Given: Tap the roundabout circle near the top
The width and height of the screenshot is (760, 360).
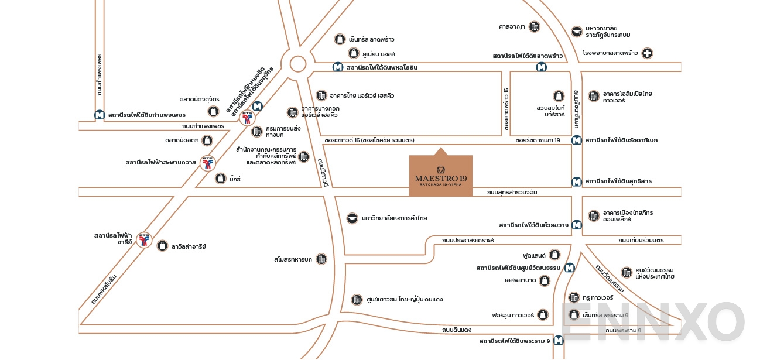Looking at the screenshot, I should pyautogui.click(x=297, y=63).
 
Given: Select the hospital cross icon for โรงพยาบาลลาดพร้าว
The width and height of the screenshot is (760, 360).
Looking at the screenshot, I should pyautogui.click(x=647, y=53).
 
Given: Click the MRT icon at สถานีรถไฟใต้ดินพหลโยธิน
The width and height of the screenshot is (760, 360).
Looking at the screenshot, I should pyautogui.click(x=338, y=67).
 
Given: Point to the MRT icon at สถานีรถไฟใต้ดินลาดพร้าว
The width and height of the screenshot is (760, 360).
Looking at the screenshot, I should pyautogui.click(x=542, y=67).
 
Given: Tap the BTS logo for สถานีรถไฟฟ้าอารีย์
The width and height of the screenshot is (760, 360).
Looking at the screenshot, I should pyautogui.click(x=144, y=239).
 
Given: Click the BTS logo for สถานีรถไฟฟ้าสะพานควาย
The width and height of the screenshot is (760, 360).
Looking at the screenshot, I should pyautogui.click(x=207, y=163).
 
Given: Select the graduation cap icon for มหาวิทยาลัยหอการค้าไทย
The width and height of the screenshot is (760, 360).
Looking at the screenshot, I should pyautogui.click(x=352, y=218).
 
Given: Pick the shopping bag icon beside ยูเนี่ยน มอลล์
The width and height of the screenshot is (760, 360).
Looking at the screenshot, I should pyautogui.click(x=353, y=53).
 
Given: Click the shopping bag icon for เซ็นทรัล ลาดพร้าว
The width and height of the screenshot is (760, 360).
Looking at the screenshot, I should pyautogui.click(x=339, y=39).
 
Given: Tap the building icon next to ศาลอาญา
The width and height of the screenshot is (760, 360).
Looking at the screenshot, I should pyautogui.click(x=534, y=26).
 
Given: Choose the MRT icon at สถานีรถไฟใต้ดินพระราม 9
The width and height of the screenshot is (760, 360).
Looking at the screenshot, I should pyautogui.click(x=559, y=340).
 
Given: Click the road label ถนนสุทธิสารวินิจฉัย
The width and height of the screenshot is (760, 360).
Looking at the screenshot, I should pyautogui.click(x=512, y=192).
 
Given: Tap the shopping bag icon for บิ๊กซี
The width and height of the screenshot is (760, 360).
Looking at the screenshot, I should pyautogui.click(x=220, y=179).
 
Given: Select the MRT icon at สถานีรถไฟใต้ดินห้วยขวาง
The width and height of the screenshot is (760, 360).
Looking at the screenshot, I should pyautogui.click(x=577, y=224).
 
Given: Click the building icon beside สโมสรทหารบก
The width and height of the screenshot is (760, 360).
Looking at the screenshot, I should pyautogui.click(x=321, y=259).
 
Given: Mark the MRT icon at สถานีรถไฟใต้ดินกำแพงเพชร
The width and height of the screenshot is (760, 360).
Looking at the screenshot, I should pyautogui.click(x=100, y=115).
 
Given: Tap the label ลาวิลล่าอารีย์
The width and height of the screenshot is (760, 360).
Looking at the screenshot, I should pyautogui.click(x=188, y=246).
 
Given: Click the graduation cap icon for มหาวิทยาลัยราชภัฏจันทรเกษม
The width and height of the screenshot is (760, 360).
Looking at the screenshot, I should pyautogui.click(x=577, y=31).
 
